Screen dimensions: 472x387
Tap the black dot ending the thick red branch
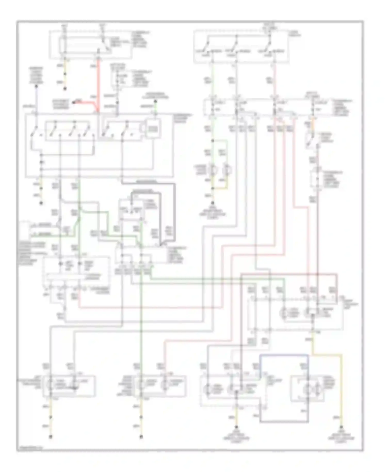coord(74,102)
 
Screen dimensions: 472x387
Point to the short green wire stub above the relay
coord(156,108)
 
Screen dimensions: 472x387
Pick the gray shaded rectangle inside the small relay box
coord(154,128)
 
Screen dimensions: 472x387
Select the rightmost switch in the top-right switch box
coord(269,46)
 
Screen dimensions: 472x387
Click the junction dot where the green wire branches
coord(213,141)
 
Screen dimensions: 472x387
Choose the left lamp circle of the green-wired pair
coord(213,170)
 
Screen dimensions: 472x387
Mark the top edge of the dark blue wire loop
coord(284,355)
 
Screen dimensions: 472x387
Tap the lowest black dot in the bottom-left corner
coord(51,437)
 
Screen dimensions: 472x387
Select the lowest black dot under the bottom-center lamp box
coord(141,437)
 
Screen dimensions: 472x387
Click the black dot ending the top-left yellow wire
coord(65,89)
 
